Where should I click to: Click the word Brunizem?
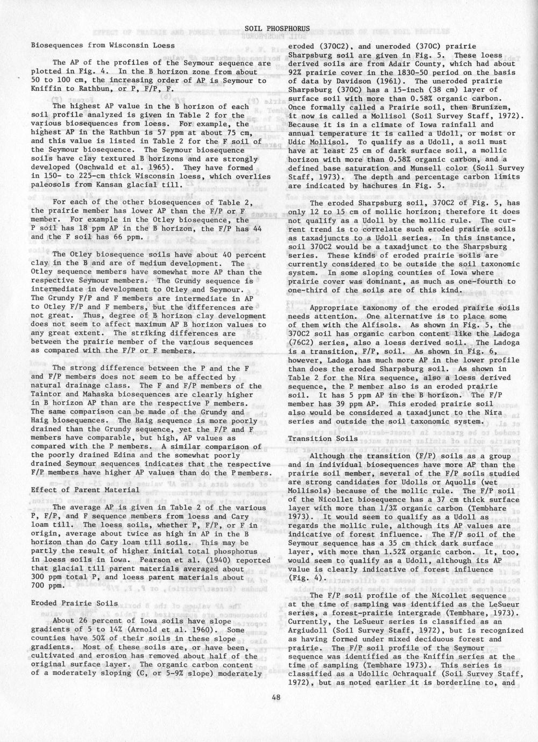[x=500, y=107]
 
